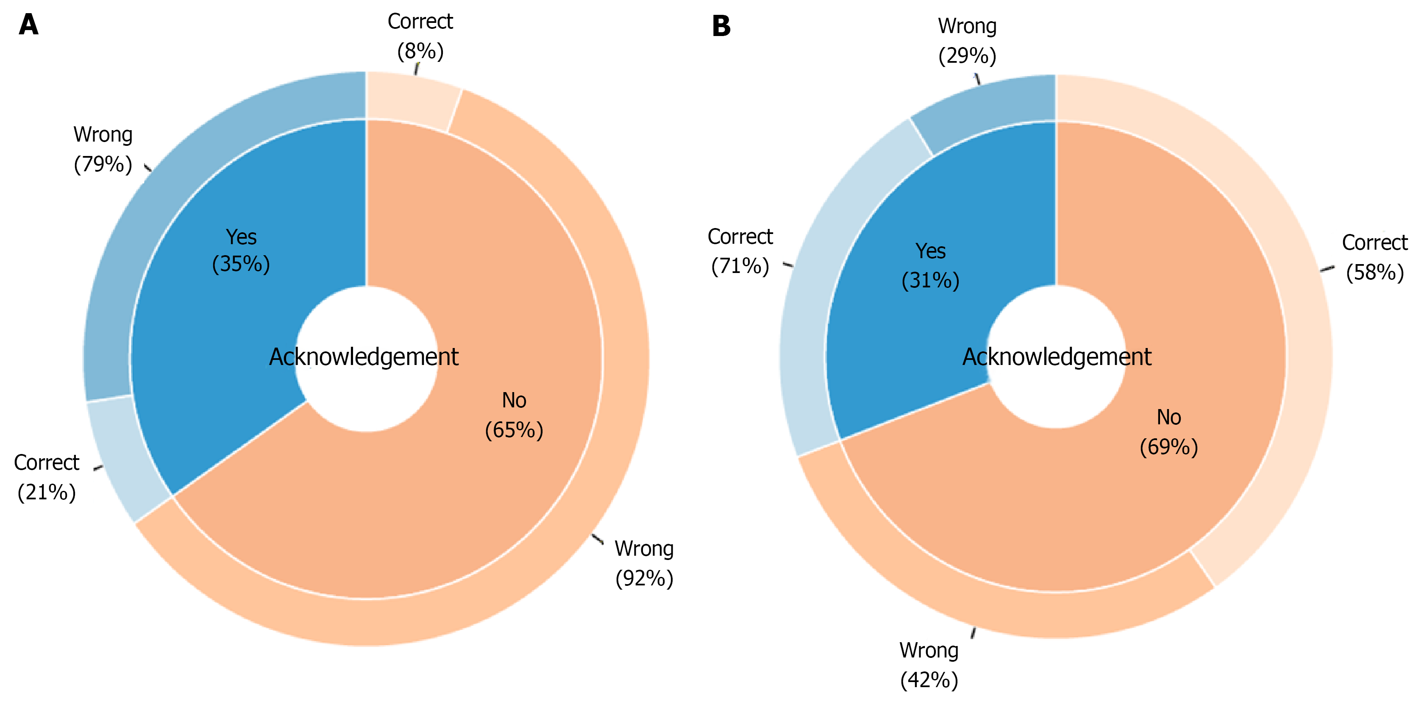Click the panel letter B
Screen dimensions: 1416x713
pos(721,26)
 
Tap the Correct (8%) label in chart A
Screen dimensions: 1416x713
pos(420,36)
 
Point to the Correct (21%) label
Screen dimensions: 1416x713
pos(47,477)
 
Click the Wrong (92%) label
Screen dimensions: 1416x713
pos(644,563)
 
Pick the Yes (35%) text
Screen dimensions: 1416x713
pos(241,250)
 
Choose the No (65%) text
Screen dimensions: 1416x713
pos(514,415)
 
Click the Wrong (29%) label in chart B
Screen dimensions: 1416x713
pos(968,41)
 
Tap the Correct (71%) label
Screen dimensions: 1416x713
pos(740,251)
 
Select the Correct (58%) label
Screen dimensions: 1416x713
pos(1375,257)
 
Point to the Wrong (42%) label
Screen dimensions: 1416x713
pos(929,665)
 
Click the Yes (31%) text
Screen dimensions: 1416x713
pos(931,265)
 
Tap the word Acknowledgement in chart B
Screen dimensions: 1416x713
pos(1057,357)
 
